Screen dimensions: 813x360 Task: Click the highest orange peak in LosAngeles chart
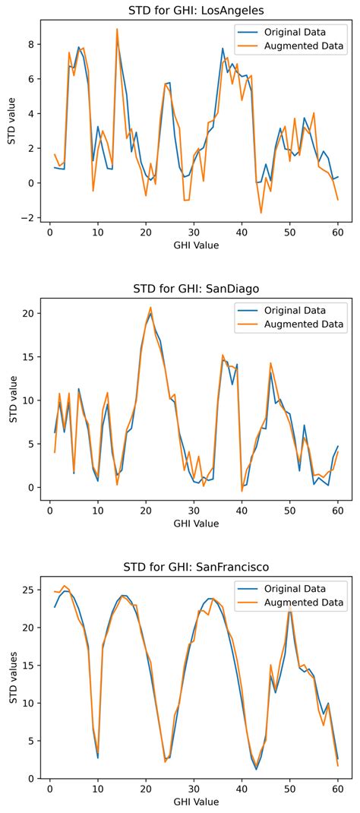coord(117,29)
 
